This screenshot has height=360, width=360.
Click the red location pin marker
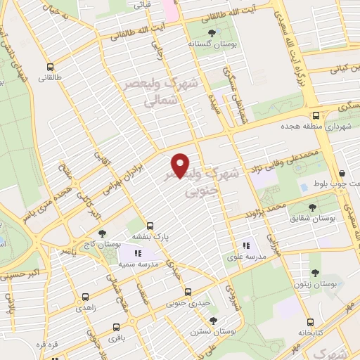pos(181,165)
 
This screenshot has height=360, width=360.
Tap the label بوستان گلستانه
pos(210,43)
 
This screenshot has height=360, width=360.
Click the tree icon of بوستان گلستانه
pos(212,32)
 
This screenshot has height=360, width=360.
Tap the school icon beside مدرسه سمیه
pos(138,252)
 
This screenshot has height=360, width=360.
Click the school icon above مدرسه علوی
pos(245,246)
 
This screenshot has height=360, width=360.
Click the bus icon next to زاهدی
pos(85,297)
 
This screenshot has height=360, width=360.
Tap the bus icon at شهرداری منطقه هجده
pos(316,115)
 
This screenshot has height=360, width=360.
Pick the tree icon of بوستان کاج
pos(103,233)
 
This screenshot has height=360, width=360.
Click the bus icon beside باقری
pos(115,328)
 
